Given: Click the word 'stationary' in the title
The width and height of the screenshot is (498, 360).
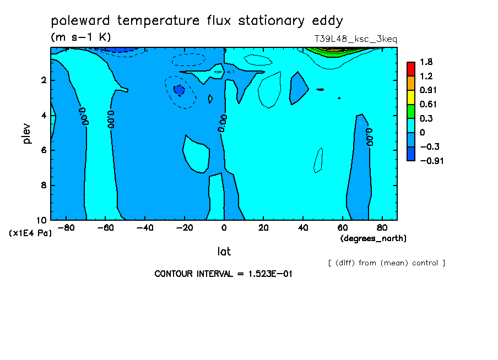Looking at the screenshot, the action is click(x=271, y=21).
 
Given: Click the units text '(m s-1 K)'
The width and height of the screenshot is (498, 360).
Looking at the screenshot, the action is click(x=80, y=37).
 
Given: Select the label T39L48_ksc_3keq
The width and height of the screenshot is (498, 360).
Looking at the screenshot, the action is click(x=356, y=39).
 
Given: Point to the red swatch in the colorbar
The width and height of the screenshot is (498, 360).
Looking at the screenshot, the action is click(x=410, y=69).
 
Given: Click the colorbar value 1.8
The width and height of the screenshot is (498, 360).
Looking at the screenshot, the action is click(x=426, y=62).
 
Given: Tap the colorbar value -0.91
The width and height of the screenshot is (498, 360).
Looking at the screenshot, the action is click(x=432, y=161).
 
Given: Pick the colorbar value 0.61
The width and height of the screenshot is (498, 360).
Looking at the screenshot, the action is click(x=428, y=104).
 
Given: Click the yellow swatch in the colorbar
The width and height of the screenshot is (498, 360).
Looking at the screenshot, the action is click(x=410, y=97).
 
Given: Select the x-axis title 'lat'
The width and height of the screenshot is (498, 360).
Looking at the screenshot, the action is click(x=224, y=252).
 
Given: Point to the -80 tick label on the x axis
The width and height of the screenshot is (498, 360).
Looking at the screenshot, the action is click(x=66, y=228).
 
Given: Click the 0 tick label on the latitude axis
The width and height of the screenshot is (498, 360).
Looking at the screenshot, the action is click(x=224, y=228).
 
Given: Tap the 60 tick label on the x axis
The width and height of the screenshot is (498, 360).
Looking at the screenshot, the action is click(x=343, y=228).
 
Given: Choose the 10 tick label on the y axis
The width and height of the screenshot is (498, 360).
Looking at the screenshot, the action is click(x=42, y=220).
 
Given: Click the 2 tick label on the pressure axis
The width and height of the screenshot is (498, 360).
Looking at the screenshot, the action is click(x=44, y=80).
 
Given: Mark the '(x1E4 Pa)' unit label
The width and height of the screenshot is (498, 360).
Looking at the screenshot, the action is click(x=30, y=233).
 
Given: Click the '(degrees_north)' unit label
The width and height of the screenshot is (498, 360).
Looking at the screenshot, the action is click(x=373, y=238).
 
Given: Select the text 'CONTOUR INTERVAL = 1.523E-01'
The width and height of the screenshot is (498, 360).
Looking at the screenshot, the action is click(x=223, y=274).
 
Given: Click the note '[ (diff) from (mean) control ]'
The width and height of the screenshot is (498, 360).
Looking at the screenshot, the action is click(x=387, y=263).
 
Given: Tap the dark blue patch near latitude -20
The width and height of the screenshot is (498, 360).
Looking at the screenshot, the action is click(x=179, y=90).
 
